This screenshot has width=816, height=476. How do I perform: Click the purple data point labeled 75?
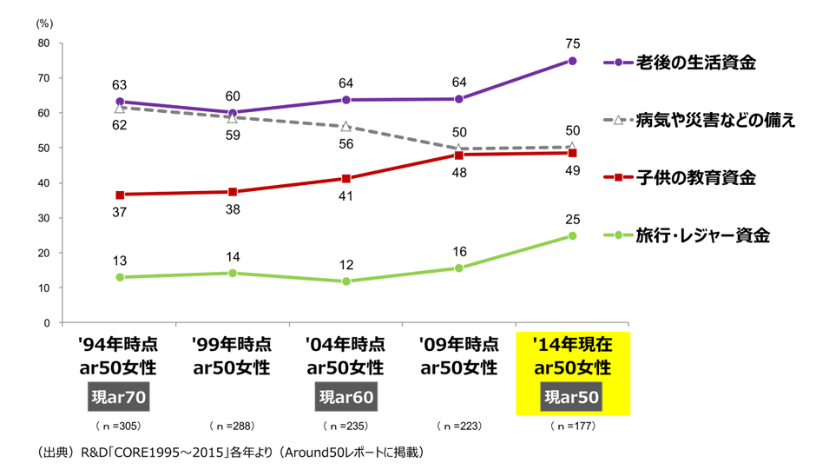[572, 61]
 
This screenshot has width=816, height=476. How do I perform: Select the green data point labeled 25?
[572, 235]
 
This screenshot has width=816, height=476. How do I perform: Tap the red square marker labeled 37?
[120, 195]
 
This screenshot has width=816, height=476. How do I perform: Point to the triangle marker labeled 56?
[346, 127]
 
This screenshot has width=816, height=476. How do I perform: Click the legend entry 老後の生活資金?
[696, 63]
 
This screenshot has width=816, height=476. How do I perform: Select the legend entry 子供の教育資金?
[696, 177]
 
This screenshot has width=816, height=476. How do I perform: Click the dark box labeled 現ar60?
[346, 399]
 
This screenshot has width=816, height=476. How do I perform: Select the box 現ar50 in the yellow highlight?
[572, 399]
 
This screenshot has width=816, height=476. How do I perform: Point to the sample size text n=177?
[572, 427]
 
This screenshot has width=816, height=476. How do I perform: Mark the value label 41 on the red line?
[346, 196]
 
